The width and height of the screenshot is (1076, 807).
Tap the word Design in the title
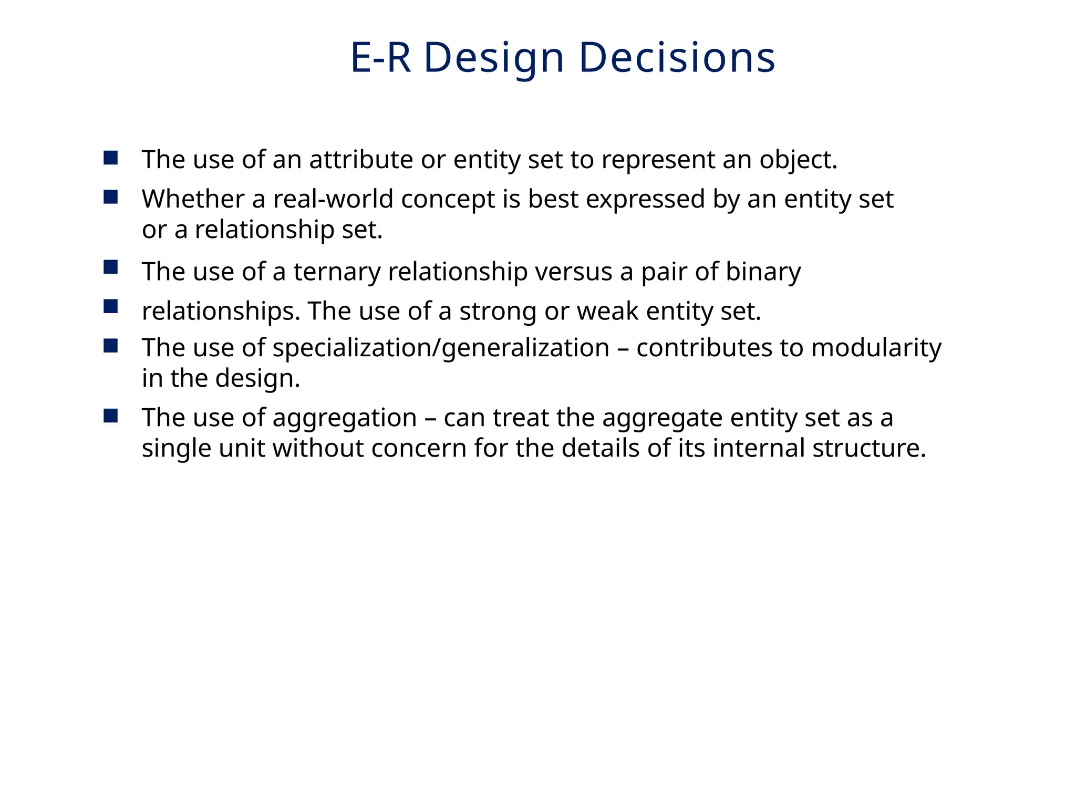click(494, 58)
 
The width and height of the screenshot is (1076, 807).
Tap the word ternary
click(337, 272)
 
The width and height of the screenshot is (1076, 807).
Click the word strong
click(498, 312)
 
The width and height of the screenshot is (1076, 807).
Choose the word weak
click(607, 311)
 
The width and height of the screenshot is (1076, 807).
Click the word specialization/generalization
click(441, 348)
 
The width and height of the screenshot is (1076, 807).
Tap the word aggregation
click(345, 419)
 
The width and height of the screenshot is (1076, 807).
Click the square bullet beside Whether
click(111, 197)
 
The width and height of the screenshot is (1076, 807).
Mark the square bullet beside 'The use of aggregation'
click(111, 416)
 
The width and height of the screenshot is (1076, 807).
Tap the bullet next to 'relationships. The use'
click(111, 306)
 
